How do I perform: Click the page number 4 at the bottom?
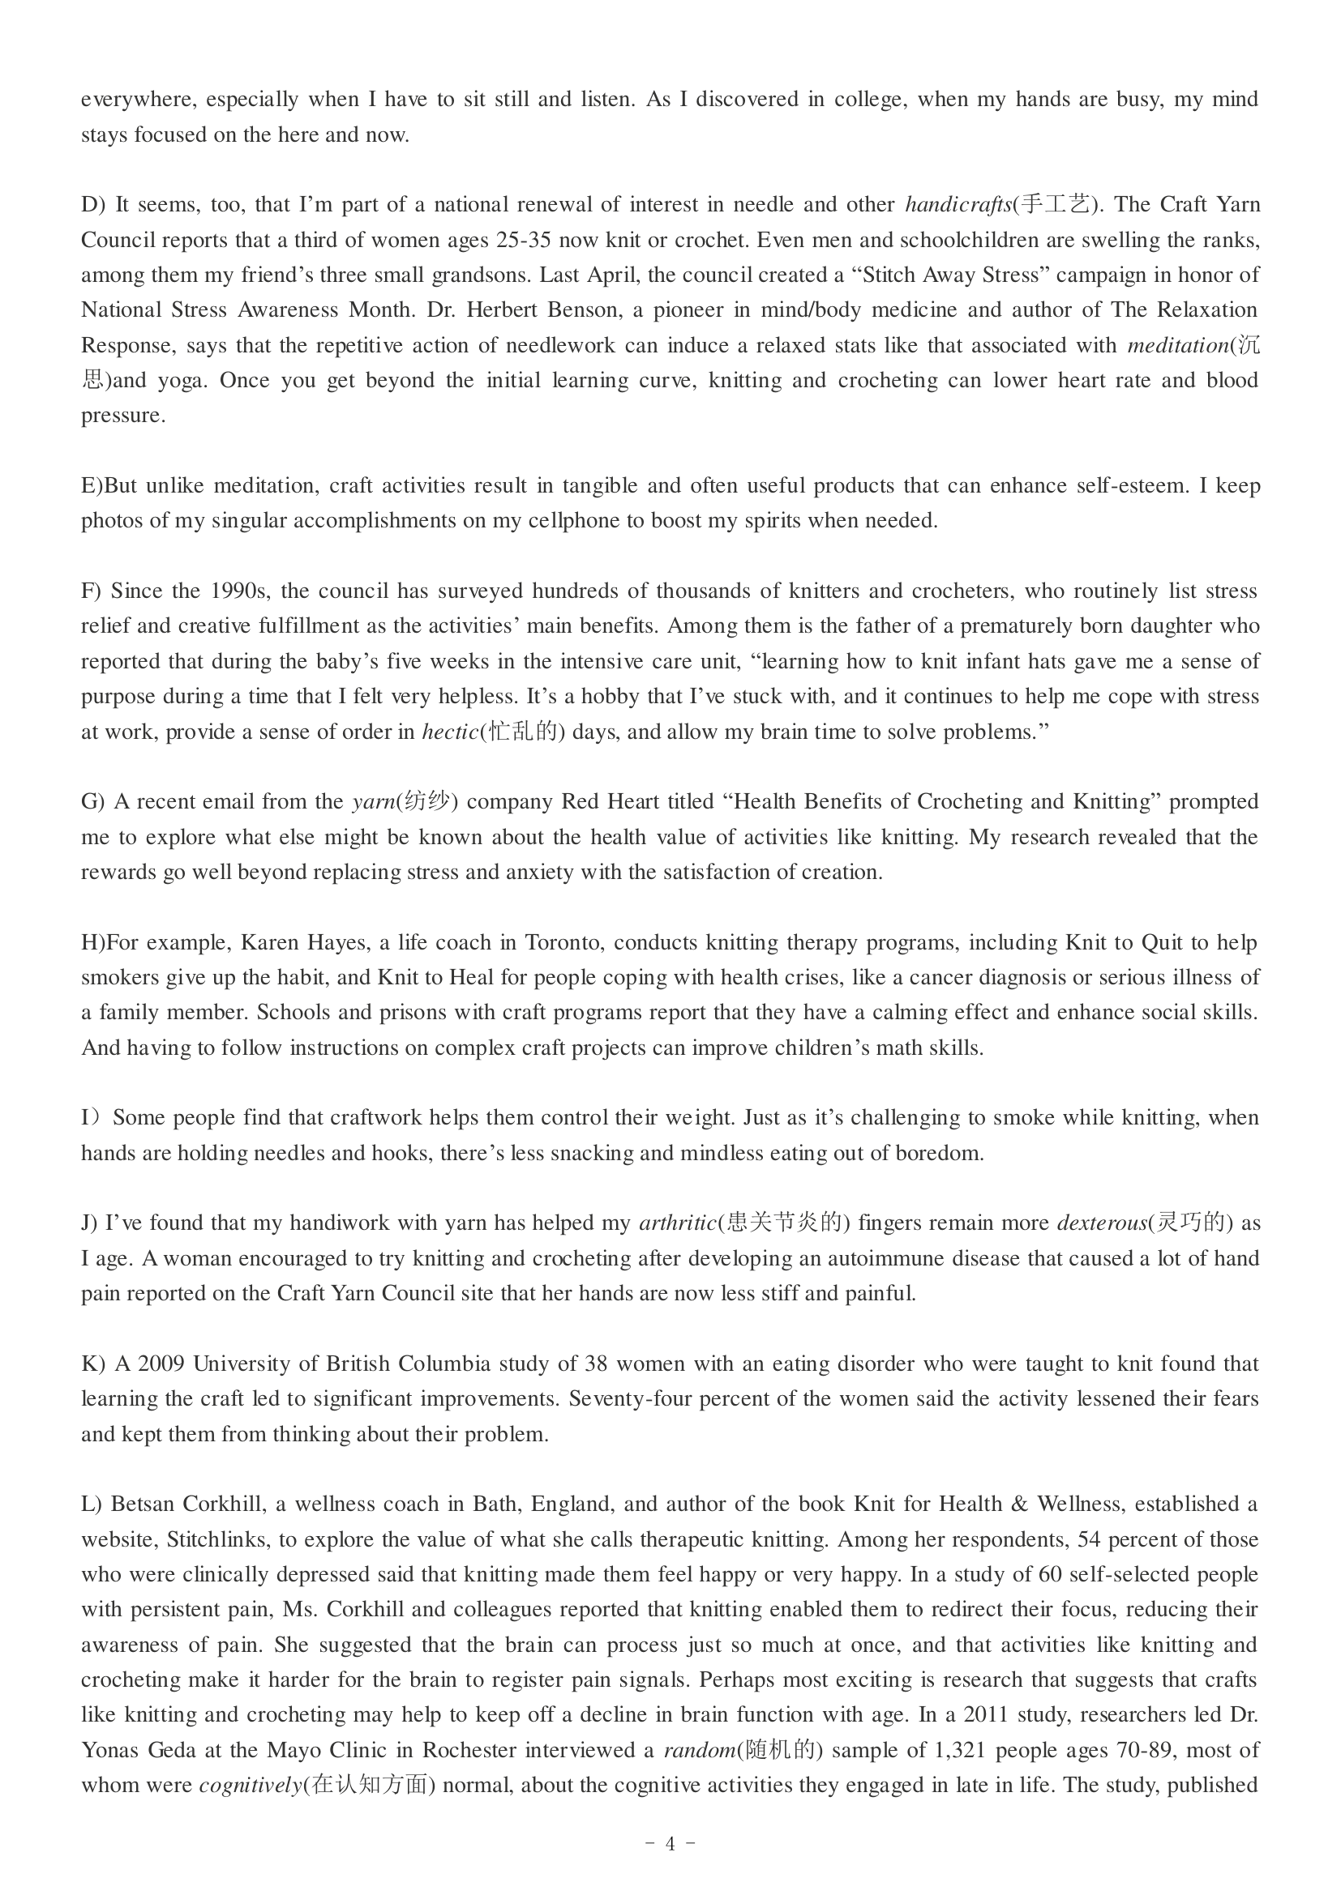(670, 1844)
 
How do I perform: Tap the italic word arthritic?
(677, 1223)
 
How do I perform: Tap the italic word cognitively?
(251, 1786)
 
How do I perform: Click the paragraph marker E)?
(92, 485)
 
